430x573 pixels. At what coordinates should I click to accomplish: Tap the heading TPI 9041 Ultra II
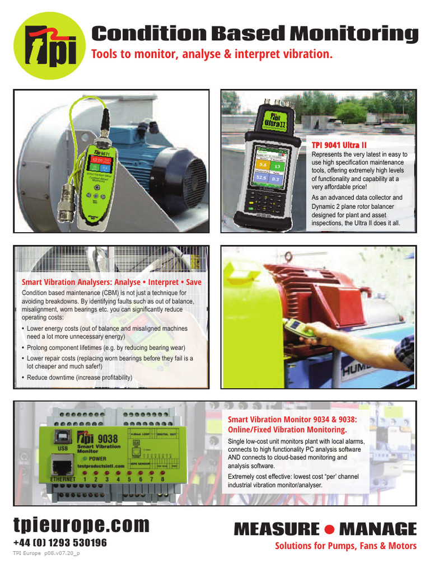pos(339,145)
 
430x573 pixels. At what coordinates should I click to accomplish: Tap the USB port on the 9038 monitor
pos(62,438)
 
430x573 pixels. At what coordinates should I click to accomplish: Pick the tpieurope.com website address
pos(82,525)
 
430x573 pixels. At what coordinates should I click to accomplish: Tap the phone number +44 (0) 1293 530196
pos(60,543)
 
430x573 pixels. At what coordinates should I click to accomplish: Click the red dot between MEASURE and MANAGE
pos(330,529)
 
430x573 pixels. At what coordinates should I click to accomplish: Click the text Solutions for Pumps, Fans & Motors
pos(345,546)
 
